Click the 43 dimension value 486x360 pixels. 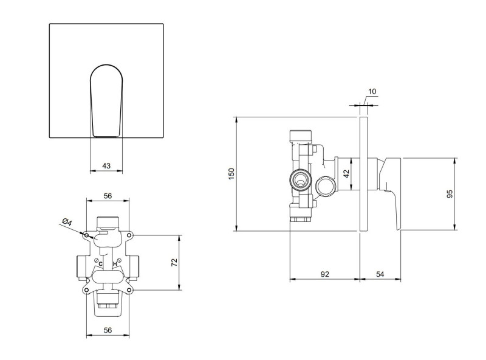106,166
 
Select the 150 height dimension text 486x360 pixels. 231,174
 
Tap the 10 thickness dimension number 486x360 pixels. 372,91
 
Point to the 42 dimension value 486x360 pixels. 346,173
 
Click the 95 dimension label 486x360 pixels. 450,193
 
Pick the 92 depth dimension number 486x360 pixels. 325,274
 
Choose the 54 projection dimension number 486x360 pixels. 380,274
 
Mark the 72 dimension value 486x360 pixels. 174,262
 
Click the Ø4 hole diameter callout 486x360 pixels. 67,222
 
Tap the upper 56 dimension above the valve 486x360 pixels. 108,196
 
